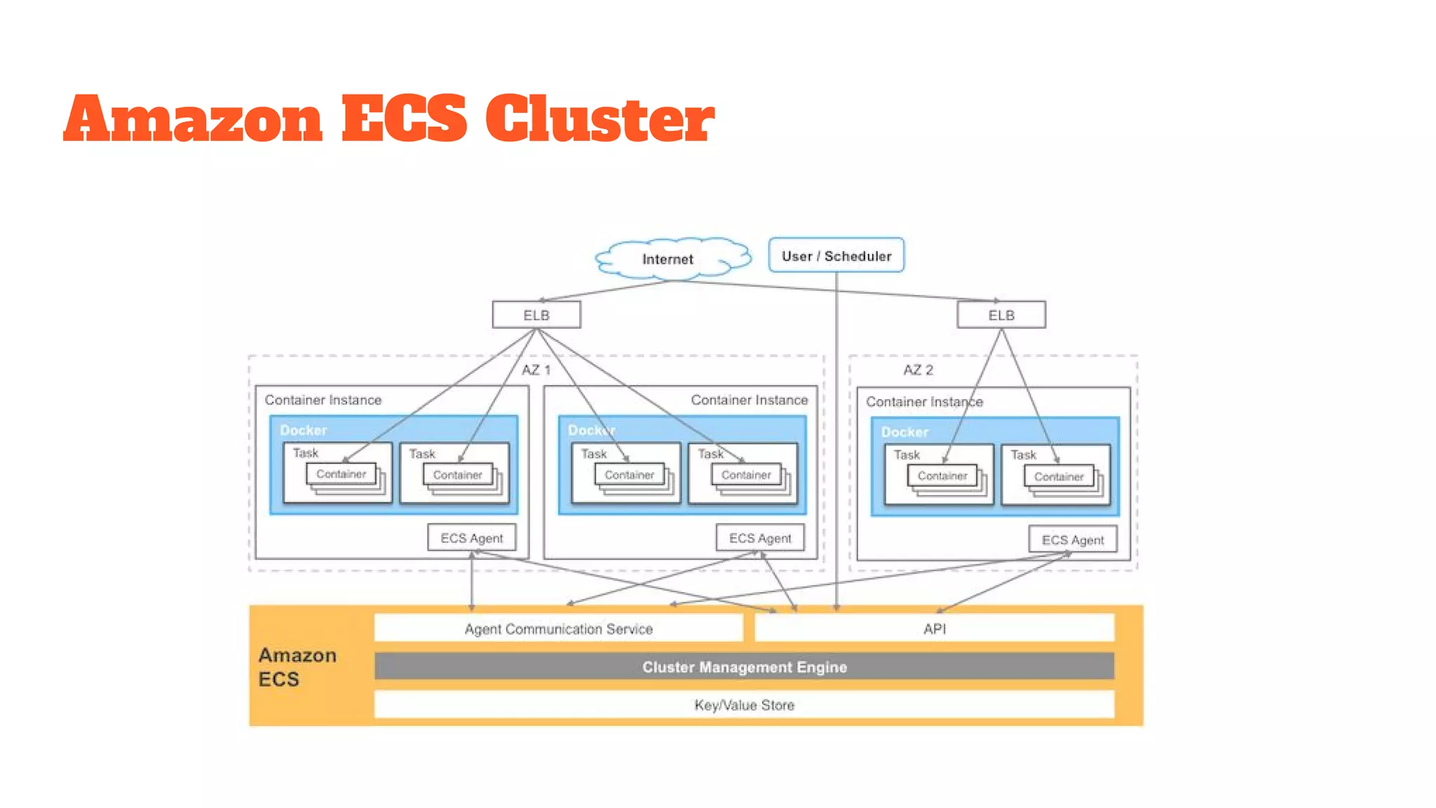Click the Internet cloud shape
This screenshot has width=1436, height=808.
tap(670, 259)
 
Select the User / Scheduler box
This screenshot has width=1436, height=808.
tap(836, 256)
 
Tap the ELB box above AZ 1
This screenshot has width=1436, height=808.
tap(536, 315)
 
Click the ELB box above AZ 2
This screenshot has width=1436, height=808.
tap(1001, 315)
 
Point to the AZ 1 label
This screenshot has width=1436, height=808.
tap(536, 370)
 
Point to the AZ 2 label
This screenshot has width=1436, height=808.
tap(918, 370)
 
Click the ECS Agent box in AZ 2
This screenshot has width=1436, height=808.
tap(1072, 539)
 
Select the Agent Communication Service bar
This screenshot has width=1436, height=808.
tap(558, 628)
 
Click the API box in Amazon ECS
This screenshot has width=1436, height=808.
tap(934, 628)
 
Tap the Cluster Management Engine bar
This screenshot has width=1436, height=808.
tap(744, 666)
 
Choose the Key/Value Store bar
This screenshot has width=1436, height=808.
tap(744, 705)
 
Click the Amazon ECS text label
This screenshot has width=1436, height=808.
tap(297, 667)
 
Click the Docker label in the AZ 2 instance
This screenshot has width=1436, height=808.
tap(905, 432)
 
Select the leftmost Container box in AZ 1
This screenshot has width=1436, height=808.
tap(341, 474)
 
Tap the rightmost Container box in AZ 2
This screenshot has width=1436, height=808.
tap(1058, 477)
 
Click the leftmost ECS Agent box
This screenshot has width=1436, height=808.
tap(471, 538)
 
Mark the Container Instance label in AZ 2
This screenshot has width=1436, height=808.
tap(923, 402)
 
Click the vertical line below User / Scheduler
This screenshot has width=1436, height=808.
tap(836, 435)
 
